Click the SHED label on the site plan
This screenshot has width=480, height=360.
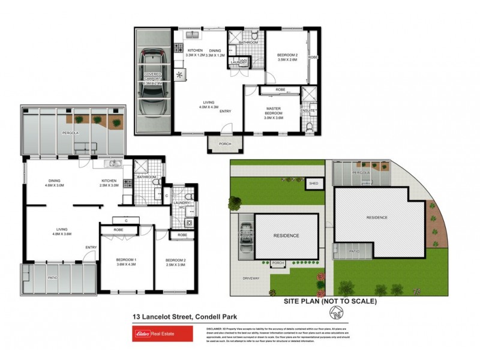coord(313,184)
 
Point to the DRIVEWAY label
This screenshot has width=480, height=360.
coord(251,278)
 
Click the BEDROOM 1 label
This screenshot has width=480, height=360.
coord(127,260)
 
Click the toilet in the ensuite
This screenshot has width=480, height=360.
coord(310,126)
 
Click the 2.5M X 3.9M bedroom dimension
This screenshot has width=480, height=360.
coord(175,265)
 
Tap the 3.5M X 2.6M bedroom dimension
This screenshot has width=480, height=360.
coord(287,60)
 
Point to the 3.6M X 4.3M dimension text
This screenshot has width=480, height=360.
coord(127,265)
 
